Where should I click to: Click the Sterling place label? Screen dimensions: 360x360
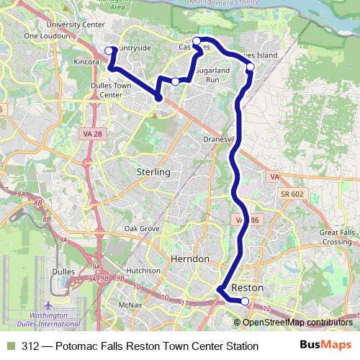tap(153, 172)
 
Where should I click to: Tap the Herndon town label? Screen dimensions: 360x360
tap(189, 258)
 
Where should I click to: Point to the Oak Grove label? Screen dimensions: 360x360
tap(141, 228)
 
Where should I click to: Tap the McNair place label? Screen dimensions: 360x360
tap(130, 305)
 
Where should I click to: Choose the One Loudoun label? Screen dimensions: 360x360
tap(45, 35)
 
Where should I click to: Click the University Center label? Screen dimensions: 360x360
tap(75, 24)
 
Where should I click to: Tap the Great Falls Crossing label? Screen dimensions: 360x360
tap(336, 237)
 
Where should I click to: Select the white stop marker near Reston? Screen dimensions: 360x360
tap(245, 301)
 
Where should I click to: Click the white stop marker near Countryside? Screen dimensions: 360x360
tap(109, 50)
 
